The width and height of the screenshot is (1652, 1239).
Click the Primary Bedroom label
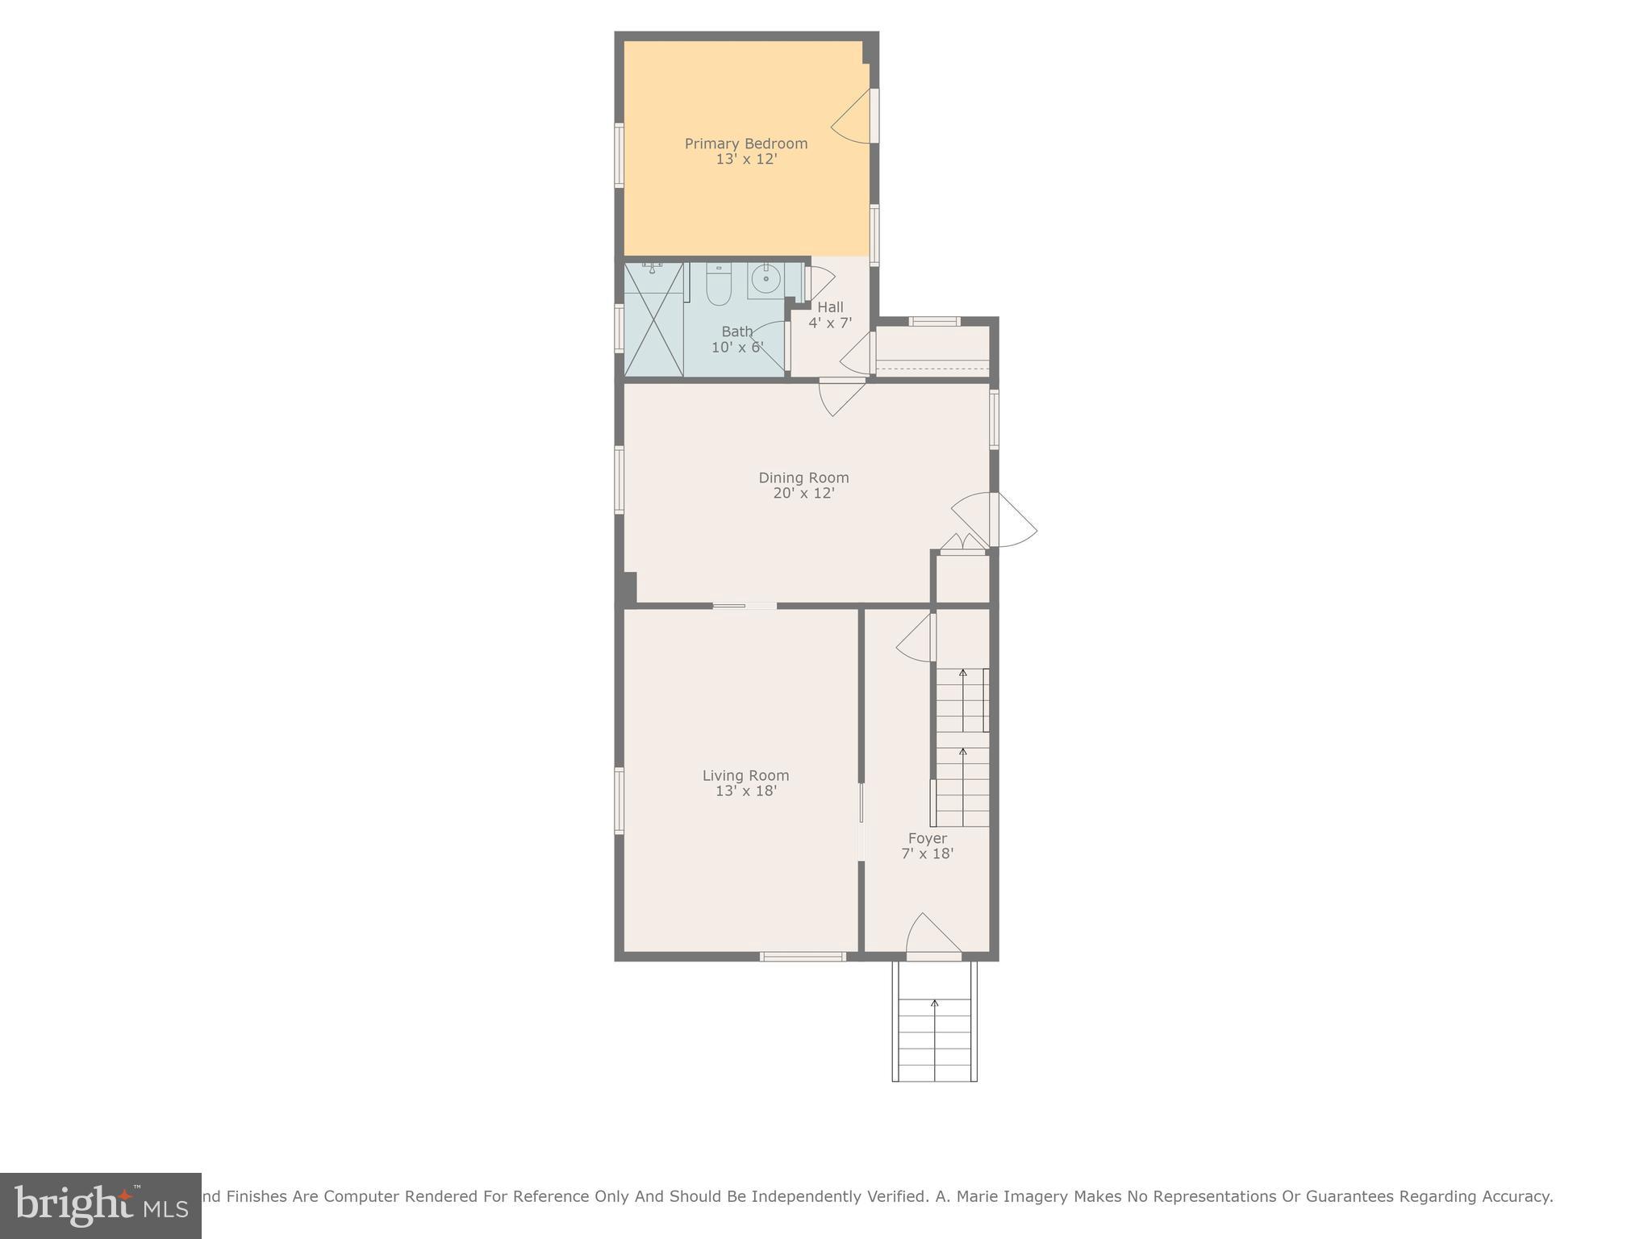click(745, 144)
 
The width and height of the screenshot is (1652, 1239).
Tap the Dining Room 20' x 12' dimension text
click(803, 493)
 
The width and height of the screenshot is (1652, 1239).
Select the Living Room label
click(745, 775)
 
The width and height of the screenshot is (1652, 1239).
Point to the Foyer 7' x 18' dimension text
click(927, 853)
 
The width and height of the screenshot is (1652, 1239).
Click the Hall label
click(830, 307)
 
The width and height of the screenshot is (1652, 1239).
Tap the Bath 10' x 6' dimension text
click(737, 348)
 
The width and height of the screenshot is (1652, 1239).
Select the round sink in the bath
click(765, 280)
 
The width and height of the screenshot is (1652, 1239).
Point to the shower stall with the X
click(653, 320)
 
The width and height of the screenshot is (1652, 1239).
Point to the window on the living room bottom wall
click(803, 957)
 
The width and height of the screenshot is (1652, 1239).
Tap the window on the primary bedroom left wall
click(619, 156)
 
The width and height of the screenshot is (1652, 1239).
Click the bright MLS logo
click(100, 1206)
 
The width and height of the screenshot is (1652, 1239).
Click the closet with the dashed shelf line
click(932, 351)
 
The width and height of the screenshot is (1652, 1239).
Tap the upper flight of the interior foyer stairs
click(962, 699)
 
